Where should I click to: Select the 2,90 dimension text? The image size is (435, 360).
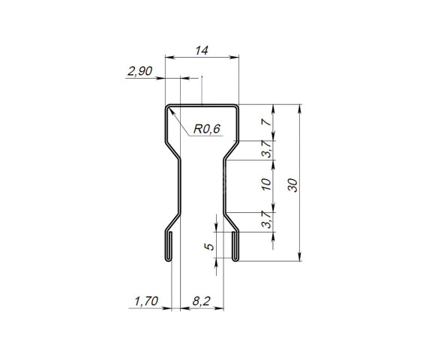[139, 71]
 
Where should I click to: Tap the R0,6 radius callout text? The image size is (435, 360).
[206, 129]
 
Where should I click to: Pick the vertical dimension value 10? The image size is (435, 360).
[266, 185]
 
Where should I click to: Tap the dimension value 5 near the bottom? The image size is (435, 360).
[211, 244]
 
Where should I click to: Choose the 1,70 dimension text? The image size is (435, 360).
[145, 301]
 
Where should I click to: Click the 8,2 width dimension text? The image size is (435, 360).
[201, 301]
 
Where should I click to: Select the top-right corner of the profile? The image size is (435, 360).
[238, 106]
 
